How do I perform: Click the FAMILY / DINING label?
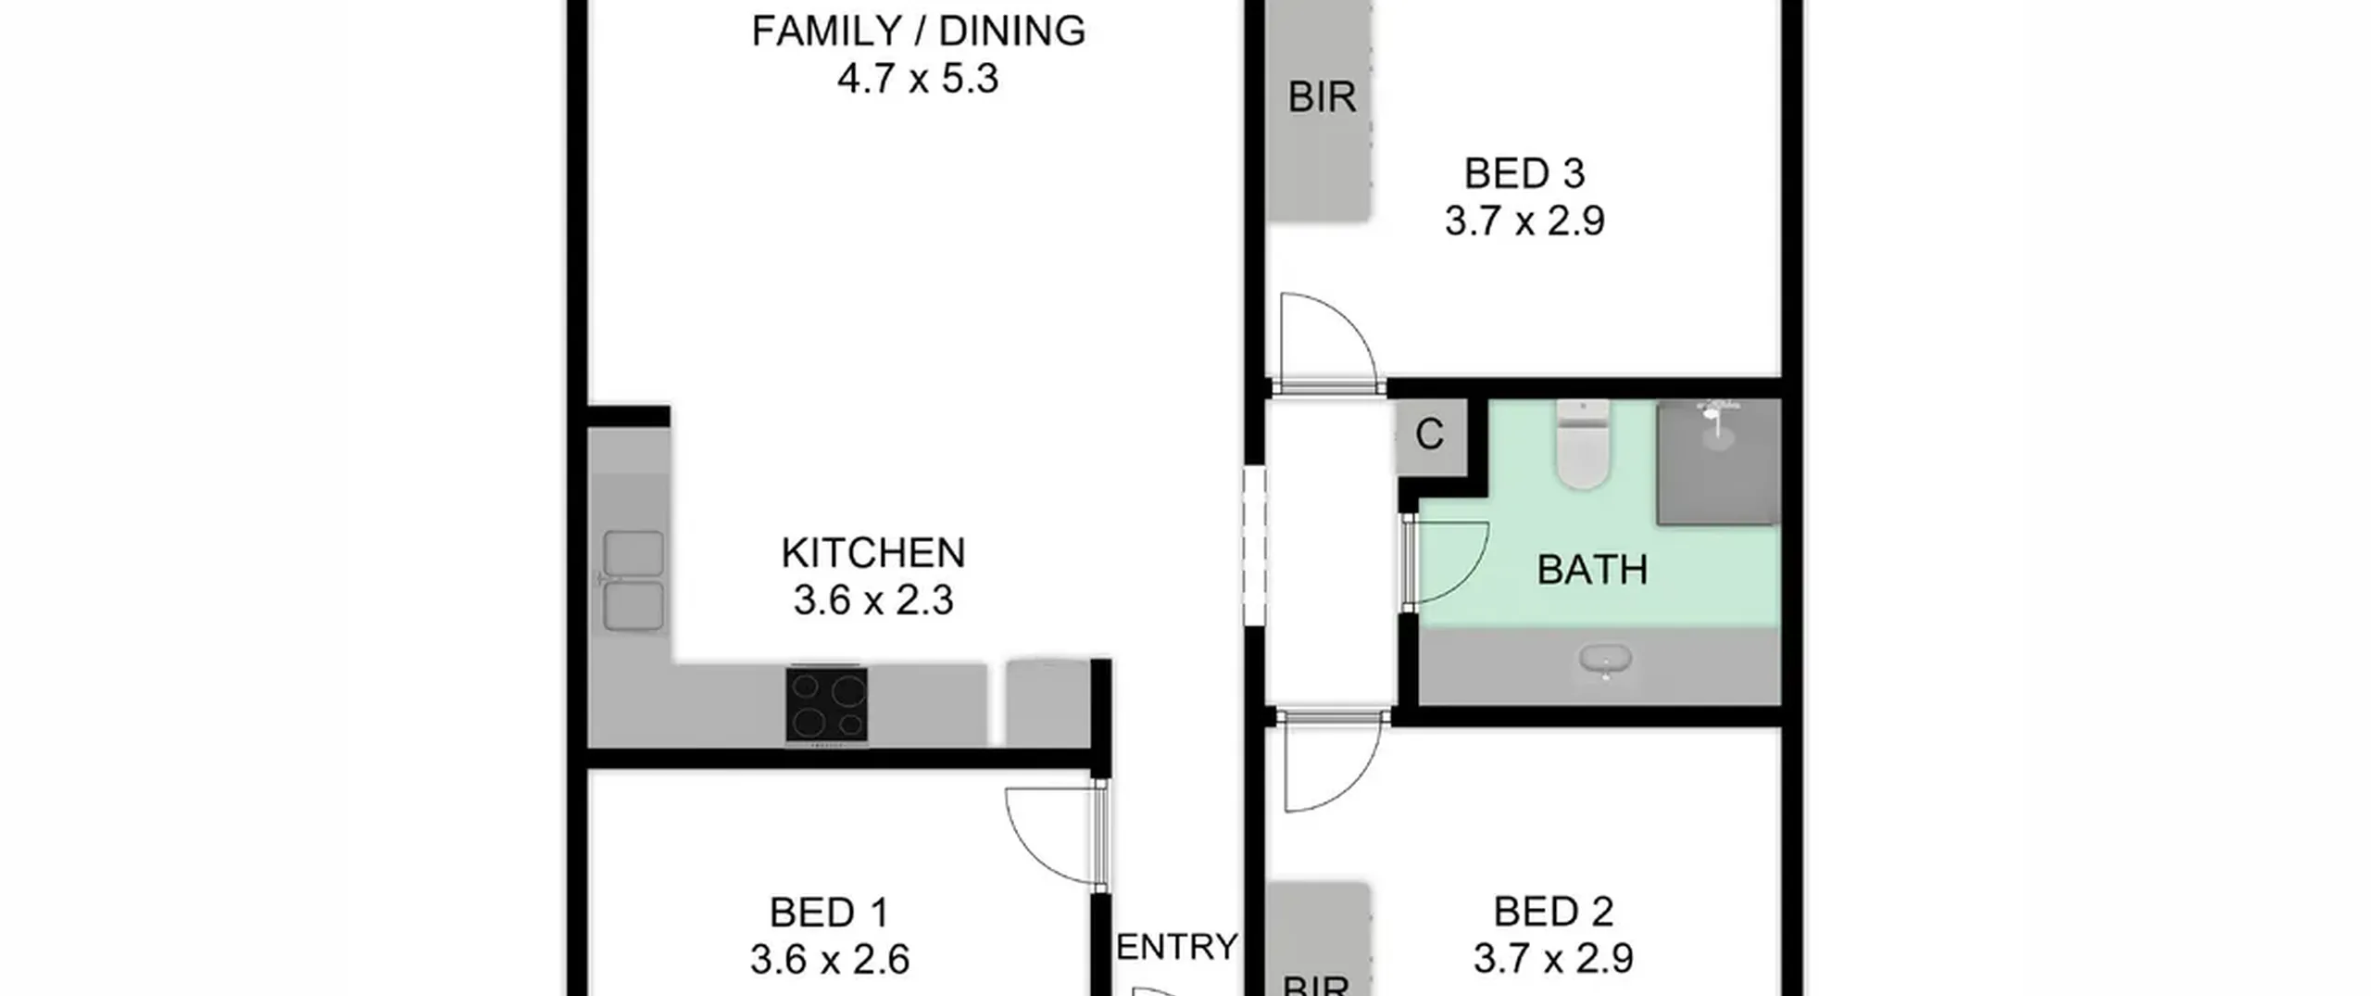click(x=918, y=32)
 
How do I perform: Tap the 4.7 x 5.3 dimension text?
click(x=918, y=79)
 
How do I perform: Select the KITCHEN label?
click(x=873, y=553)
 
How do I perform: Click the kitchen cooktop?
click(x=827, y=704)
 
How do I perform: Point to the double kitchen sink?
click(x=634, y=580)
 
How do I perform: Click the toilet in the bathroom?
click(x=1584, y=445)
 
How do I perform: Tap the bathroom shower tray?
click(x=1719, y=462)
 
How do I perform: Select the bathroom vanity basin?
click(x=1606, y=662)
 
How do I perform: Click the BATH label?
click(x=1592, y=570)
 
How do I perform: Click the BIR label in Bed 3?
click(x=1322, y=97)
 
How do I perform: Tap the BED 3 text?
click(x=1524, y=174)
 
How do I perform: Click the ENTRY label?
click(x=1177, y=947)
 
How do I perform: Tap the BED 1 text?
click(x=829, y=914)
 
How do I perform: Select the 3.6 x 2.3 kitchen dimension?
click(x=873, y=600)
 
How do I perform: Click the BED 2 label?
click(x=1553, y=913)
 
